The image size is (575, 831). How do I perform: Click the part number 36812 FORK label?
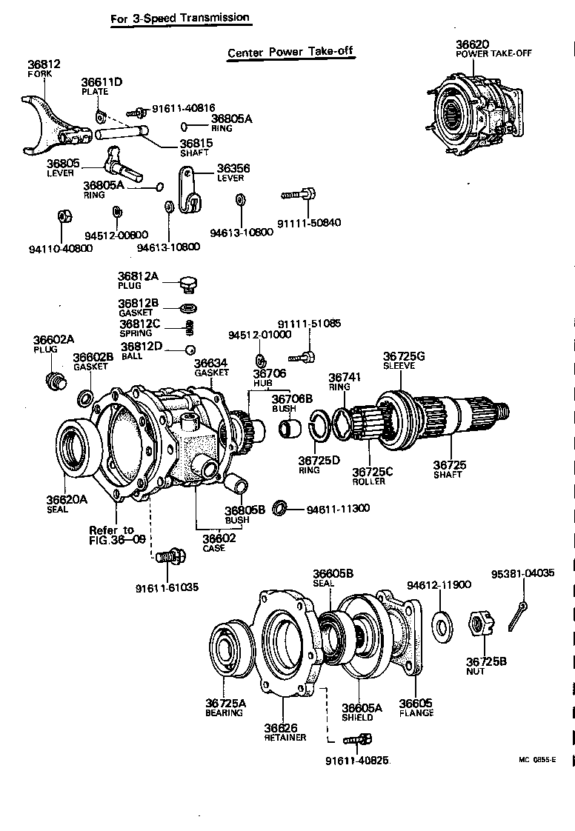pyautogui.click(x=43, y=68)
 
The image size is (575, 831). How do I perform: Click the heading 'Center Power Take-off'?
pyautogui.click(x=290, y=53)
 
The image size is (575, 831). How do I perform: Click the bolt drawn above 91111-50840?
pyautogui.click(x=299, y=195)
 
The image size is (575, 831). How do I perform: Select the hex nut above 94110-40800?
pyautogui.click(x=64, y=216)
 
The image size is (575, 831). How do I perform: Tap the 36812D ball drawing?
pyautogui.click(x=190, y=350)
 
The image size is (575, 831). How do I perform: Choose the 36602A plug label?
pyautogui.click(x=53, y=344)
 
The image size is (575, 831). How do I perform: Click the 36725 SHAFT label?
pyautogui.click(x=450, y=470)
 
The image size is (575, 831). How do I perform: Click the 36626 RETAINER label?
pyautogui.click(x=285, y=732)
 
